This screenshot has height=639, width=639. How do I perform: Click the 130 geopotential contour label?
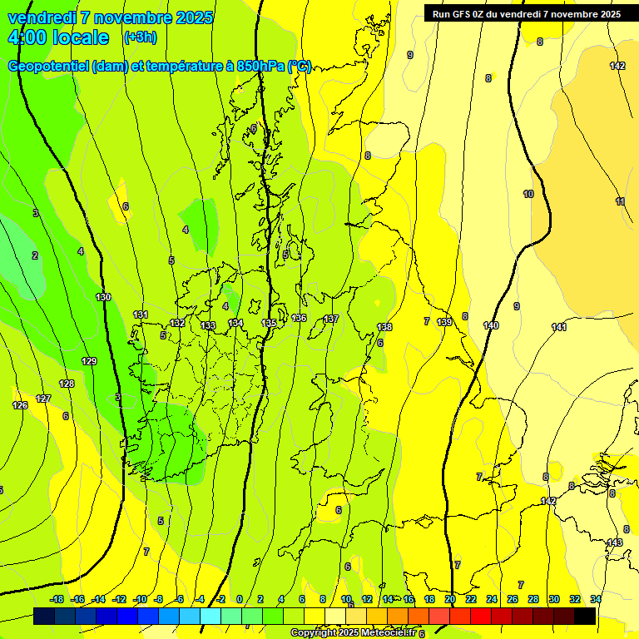[103, 297]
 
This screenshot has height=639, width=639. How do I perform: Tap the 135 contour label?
[269, 323]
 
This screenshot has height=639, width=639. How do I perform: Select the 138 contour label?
[384, 327]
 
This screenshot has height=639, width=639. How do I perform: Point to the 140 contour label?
[491, 325]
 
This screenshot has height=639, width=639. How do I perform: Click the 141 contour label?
[559, 327]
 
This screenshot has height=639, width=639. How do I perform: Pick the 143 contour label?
[614, 542]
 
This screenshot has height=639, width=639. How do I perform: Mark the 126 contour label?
[20, 405]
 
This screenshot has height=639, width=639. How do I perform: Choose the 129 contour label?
[89, 361]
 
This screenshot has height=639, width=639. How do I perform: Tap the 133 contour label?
[208, 325]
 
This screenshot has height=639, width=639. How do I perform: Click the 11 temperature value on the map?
[620, 201]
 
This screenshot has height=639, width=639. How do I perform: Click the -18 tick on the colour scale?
[57, 599]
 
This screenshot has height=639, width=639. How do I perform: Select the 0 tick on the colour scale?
[240, 599]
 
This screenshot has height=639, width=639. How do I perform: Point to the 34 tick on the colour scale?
[596, 599]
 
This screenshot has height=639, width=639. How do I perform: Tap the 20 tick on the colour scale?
[450, 599]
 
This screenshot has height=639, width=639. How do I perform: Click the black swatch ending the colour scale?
[585, 616]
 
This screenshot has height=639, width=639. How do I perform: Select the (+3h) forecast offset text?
[139, 37]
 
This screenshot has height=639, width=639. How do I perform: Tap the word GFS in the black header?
[466, 13]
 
